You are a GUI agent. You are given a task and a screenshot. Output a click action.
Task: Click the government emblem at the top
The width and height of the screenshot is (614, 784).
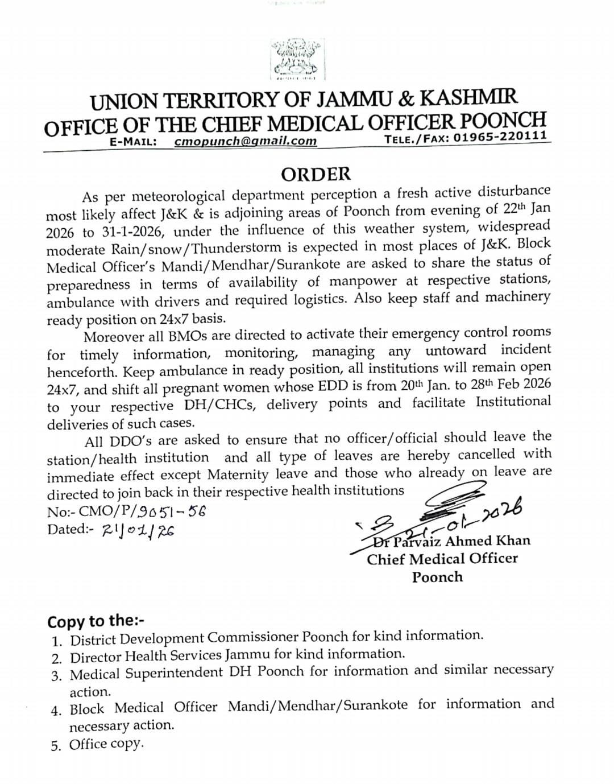pyautogui.click(x=295, y=59)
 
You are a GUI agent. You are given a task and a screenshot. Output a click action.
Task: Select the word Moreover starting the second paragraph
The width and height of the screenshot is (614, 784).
pyautogui.click(x=117, y=336)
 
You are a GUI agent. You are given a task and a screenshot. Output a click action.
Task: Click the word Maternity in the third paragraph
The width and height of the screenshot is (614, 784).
pyautogui.click(x=238, y=474)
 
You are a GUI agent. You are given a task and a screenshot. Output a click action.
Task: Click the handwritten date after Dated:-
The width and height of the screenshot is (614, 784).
pyautogui.click(x=138, y=530)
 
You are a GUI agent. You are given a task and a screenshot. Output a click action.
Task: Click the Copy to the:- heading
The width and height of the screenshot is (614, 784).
pyautogui.click(x=96, y=620)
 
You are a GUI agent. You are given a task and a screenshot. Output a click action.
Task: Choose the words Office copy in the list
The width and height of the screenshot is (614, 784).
pyautogui.click(x=106, y=744)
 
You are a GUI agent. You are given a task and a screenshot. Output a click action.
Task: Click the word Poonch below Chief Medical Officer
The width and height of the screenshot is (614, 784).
pyautogui.click(x=437, y=577)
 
